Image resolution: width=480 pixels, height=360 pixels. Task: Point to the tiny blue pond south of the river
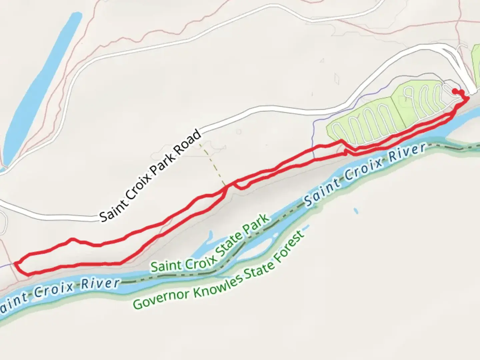(x=356, y=211)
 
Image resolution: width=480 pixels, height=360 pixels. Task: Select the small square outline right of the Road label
(x=239, y=132)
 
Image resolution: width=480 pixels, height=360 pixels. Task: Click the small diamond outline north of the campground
(x=337, y=79)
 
